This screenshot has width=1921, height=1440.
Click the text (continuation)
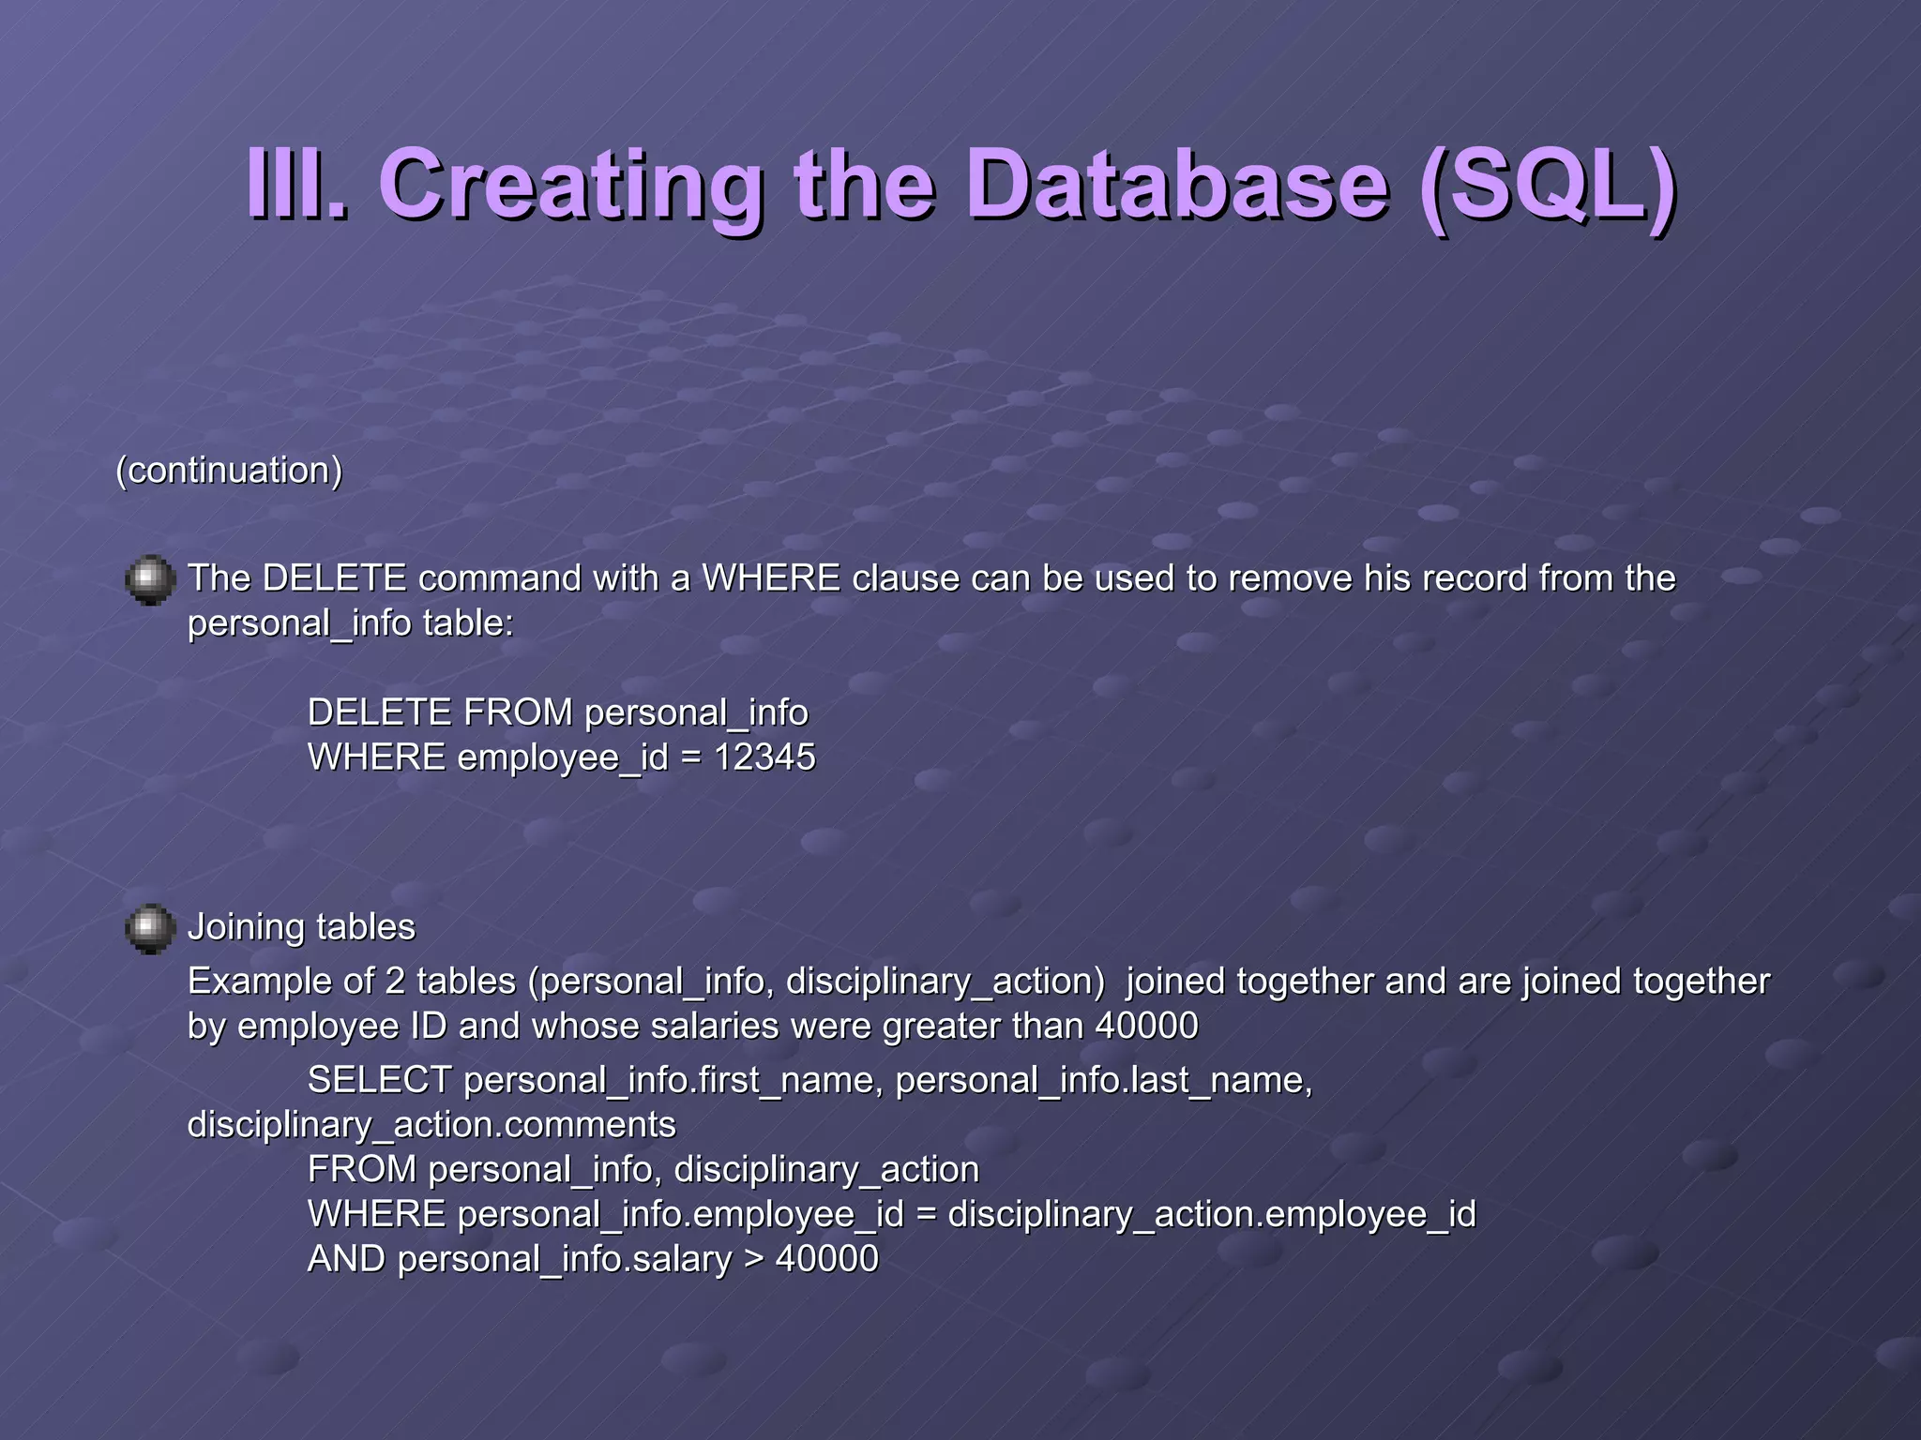tap(229, 470)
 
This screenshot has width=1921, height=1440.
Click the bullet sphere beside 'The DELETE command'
tap(150, 580)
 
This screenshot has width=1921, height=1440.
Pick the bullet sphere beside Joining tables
tap(150, 929)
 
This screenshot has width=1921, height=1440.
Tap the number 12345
tap(764, 757)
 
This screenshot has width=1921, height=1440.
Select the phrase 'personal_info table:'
tap(351, 623)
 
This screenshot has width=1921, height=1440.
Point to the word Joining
tap(246, 927)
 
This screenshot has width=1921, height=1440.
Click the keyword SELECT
tap(380, 1080)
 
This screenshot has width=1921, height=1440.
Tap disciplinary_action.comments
tap(431, 1124)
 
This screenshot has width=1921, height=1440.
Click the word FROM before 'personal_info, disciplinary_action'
tap(362, 1169)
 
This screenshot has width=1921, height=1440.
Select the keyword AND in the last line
tap(346, 1259)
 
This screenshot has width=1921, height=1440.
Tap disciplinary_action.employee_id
tap(1212, 1214)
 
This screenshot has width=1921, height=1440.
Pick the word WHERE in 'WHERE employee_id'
tap(376, 757)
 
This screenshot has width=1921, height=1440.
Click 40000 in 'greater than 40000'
tap(1146, 1026)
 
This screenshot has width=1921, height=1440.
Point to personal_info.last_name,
tap(1104, 1080)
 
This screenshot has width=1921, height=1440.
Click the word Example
tap(258, 982)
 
